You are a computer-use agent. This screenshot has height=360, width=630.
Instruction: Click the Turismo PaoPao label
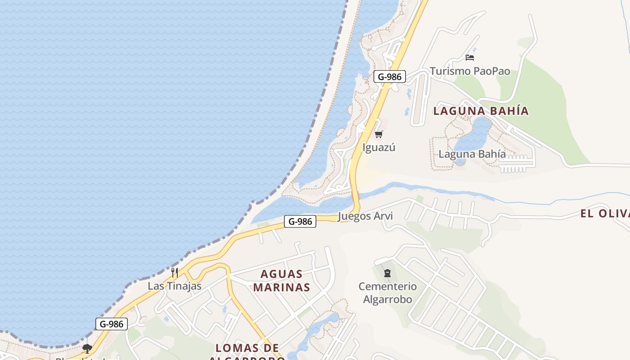click(x=470, y=71)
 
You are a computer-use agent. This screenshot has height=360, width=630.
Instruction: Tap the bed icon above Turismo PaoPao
click(x=470, y=58)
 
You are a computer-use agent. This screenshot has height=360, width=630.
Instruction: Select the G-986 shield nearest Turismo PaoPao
click(x=390, y=76)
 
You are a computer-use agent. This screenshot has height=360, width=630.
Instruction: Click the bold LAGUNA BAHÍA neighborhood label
click(x=481, y=111)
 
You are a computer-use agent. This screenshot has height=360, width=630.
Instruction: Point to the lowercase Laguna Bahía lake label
click(x=472, y=154)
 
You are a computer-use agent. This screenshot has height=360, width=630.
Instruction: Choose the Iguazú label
click(x=379, y=147)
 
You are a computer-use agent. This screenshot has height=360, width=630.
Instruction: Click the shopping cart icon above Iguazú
click(x=379, y=134)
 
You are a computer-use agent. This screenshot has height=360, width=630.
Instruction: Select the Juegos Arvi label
click(x=365, y=216)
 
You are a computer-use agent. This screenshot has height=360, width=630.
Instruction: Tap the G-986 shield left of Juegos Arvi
click(x=300, y=221)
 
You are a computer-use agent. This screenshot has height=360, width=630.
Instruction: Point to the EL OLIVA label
click(x=605, y=213)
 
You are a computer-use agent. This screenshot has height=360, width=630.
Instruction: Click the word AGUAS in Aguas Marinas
click(x=282, y=274)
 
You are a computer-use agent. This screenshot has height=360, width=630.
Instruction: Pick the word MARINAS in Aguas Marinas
click(x=282, y=287)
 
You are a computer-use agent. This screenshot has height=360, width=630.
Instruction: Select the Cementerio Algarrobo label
click(x=387, y=292)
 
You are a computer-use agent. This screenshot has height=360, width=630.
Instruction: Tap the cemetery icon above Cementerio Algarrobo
click(x=387, y=273)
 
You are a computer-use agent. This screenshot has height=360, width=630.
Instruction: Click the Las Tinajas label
click(x=175, y=286)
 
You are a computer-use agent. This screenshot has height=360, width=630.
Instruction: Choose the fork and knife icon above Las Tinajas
click(x=175, y=272)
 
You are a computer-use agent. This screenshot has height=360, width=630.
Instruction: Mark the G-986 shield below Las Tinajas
click(x=112, y=324)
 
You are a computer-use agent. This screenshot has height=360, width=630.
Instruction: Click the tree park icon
click(x=87, y=348)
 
